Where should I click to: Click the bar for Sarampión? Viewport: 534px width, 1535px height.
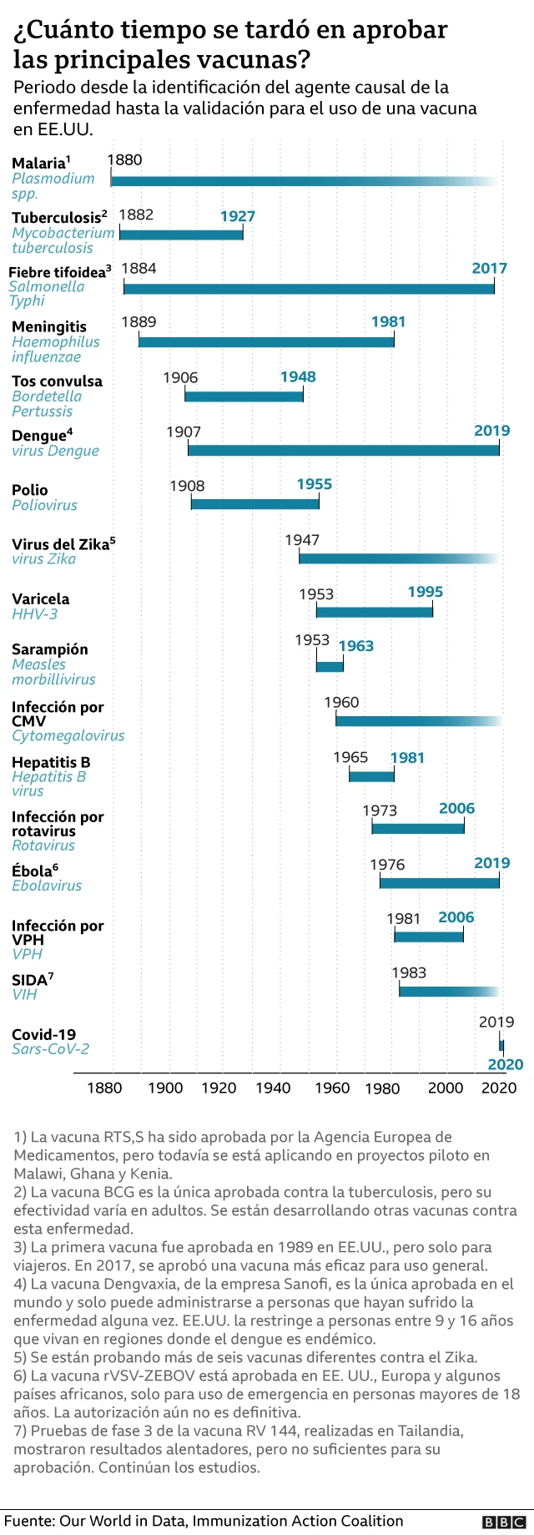pyautogui.click(x=330, y=665)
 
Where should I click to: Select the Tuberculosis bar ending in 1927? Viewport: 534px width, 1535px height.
pyautogui.click(x=181, y=235)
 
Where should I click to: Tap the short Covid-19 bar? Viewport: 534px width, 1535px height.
pyautogui.click(x=501, y=1044)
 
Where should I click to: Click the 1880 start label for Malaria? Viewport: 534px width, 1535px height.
pyautogui.click(x=124, y=159)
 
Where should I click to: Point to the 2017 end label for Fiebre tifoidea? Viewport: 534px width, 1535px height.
pyautogui.click(x=489, y=268)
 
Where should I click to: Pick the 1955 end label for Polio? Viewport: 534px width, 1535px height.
pyautogui.click(x=314, y=484)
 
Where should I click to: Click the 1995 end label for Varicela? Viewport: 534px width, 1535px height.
pyautogui.click(x=425, y=592)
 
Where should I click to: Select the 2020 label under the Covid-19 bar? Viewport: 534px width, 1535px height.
pyautogui.click(x=505, y=1064)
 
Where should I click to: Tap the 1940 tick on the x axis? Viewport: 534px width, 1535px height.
pyautogui.click(x=273, y=1088)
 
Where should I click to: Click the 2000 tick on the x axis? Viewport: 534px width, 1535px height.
pyautogui.click(x=446, y=1088)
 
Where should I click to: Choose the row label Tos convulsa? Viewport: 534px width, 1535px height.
pyautogui.click(x=57, y=381)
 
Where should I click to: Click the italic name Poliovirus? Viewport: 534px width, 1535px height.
pyautogui.click(x=44, y=505)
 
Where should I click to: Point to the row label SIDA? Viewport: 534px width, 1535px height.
pyautogui.click(x=29, y=980)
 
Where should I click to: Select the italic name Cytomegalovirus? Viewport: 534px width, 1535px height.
pyautogui.click(x=68, y=735)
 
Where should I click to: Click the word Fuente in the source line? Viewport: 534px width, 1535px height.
pyautogui.click(x=29, y=1521)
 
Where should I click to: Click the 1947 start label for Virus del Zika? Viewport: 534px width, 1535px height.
pyautogui.click(x=302, y=540)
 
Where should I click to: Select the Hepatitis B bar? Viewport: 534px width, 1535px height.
pyautogui.click(x=371, y=776)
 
